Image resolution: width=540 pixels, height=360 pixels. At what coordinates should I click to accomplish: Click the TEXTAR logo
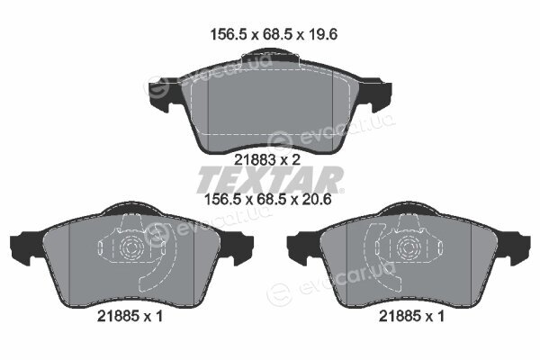270,179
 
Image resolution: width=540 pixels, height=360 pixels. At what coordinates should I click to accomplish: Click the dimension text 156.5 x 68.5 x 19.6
274,34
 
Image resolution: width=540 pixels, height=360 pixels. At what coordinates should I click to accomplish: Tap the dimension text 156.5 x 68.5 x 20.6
268,199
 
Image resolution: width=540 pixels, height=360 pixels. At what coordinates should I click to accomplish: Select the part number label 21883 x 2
267,159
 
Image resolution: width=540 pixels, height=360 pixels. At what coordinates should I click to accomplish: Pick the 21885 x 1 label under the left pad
130,316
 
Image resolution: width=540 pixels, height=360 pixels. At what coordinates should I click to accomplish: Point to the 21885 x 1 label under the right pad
411,316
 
